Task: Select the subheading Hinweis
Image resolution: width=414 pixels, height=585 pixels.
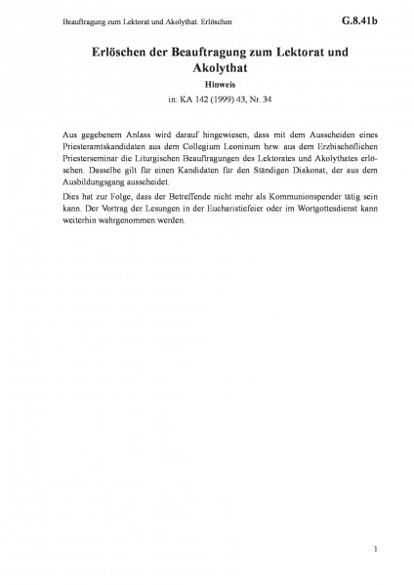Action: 206,84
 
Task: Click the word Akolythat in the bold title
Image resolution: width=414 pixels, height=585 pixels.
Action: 206,68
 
